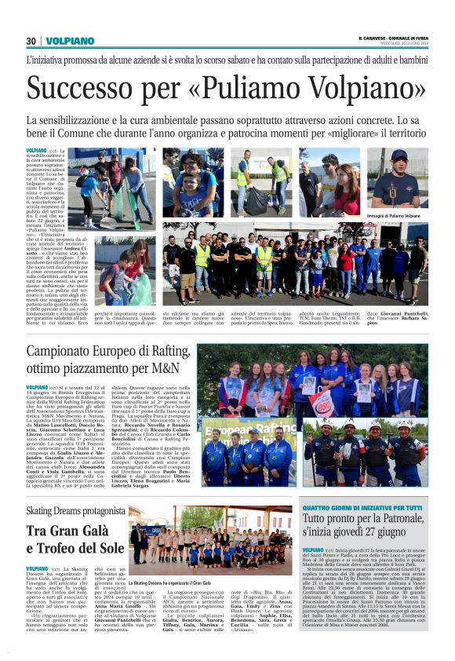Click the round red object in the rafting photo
(x=321, y=400)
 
